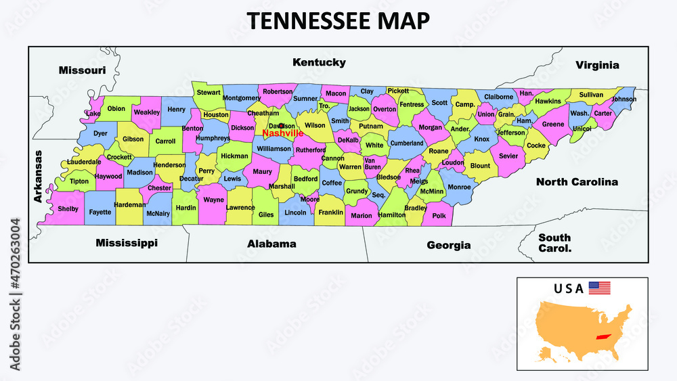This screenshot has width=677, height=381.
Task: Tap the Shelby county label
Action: point(68,208)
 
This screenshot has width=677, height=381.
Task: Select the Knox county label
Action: point(481,139)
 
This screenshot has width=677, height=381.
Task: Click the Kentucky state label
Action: point(319,62)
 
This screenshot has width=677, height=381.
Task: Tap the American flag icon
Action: point(599,288)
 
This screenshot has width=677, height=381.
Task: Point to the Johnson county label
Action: point(624,99)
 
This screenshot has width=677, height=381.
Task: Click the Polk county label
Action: point(439,215)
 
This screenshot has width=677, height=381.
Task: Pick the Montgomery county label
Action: point(241,98)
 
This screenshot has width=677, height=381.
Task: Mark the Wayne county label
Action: point(214,200)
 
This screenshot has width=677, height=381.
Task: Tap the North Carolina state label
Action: point(577,182)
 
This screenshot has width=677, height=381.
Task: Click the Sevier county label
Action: point(508,156)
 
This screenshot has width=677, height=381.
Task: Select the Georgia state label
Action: point(448,245)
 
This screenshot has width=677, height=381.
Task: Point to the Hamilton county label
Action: point(392,215)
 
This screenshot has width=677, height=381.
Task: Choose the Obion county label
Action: point(116,108)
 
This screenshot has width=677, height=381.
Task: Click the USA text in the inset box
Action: point(568,288)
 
